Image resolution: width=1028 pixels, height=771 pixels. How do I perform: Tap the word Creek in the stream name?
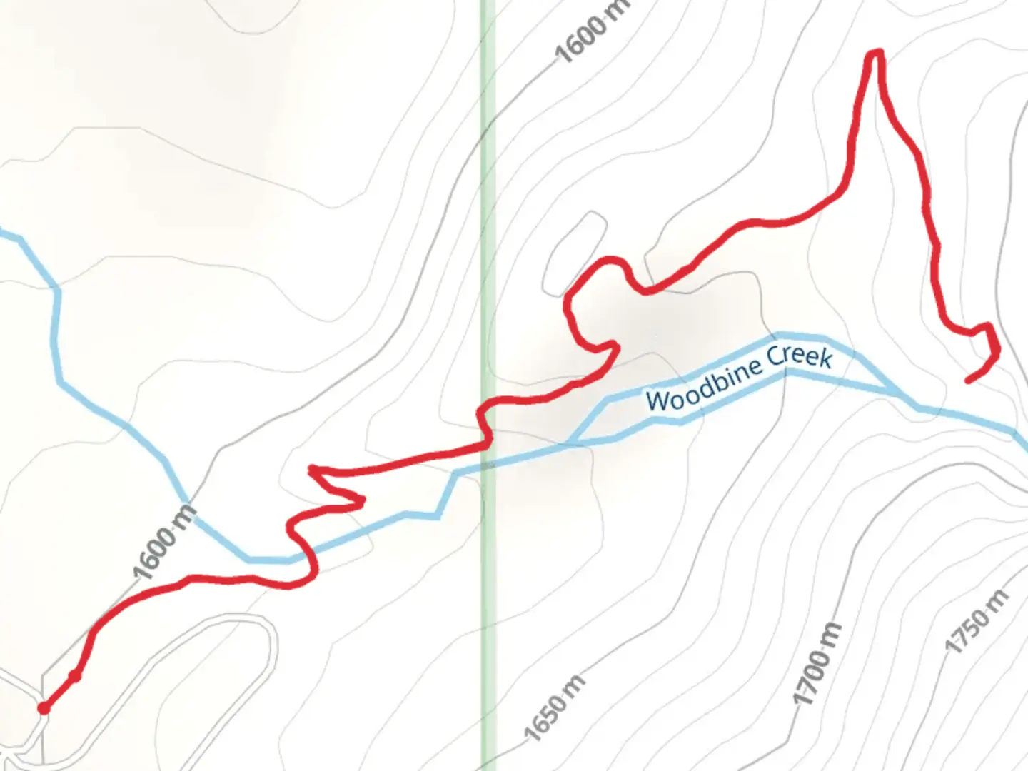[x=800, y=355]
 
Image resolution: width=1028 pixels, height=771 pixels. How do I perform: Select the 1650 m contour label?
[x=555, y=707]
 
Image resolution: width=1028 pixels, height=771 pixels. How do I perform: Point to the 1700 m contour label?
[x=818, y=664]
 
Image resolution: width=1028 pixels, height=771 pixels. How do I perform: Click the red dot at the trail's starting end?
[x=44, y=707]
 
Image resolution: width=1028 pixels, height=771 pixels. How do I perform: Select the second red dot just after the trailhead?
[x=74, y=675]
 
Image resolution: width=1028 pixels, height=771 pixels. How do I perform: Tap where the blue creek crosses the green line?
[x=488, y=465]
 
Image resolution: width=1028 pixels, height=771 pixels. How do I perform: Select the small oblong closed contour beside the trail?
[x=575, y=253]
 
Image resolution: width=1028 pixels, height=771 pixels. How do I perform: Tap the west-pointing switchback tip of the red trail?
[x=311, y=469]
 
